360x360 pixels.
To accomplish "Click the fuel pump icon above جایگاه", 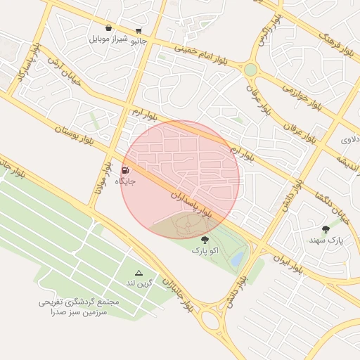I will pos(125,170).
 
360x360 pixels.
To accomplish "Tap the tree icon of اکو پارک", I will pos(205,240).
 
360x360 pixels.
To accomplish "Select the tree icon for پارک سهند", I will pos(325,229).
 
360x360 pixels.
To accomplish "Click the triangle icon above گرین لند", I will pos(139,273).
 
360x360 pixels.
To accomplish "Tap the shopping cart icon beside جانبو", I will pos(139,30).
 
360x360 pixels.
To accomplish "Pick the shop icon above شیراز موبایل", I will pos(108,28).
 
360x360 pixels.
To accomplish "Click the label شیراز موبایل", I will pos(109,39).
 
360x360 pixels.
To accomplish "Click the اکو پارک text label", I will pos(205,250).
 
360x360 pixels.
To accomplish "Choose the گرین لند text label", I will pos(139,283).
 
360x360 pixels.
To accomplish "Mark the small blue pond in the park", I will pos(237,259).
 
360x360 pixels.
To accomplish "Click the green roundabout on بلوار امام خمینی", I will pos(250,70).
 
